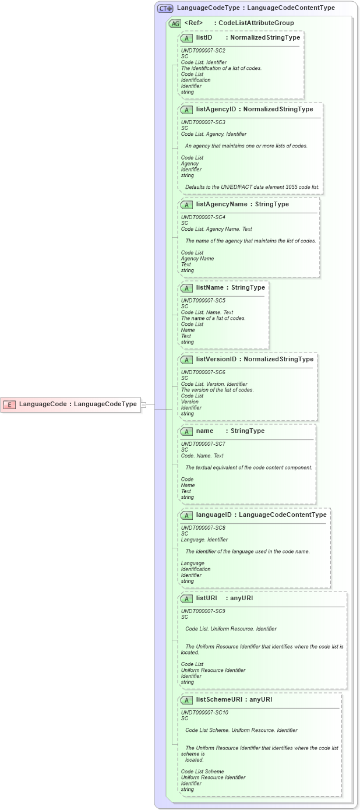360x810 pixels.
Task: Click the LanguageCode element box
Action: (70, 404)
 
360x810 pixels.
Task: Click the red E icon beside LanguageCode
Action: (9, 404)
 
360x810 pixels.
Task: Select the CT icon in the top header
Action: (165, 8)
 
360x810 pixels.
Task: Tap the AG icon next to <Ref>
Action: (175, 23)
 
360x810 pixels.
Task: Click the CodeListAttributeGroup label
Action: (256, 23)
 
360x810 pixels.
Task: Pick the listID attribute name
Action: (204, 38)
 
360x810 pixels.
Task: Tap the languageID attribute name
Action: (215, 515)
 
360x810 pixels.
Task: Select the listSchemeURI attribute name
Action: (219, 700)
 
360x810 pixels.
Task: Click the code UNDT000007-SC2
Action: (203, 51)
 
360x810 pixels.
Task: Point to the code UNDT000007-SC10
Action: (204, 713)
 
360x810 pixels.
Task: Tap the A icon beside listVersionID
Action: (186, 360)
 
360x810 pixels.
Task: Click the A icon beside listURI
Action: (186, 598)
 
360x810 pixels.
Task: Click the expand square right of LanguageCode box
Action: (144, 404)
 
